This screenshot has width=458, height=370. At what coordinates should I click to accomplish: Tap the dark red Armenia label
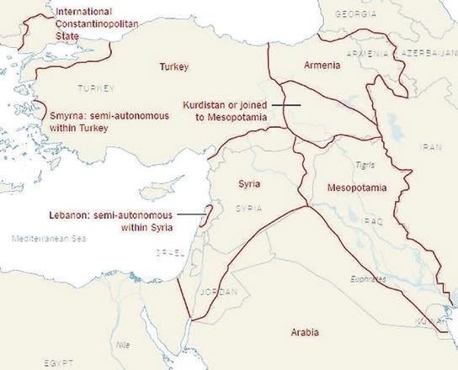click(322, 66)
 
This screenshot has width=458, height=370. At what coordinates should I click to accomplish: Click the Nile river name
click(123, 344)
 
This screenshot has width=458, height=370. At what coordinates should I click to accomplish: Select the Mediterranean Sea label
click(50, 240)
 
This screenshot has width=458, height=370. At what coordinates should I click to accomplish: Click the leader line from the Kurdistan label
click(287, 105)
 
